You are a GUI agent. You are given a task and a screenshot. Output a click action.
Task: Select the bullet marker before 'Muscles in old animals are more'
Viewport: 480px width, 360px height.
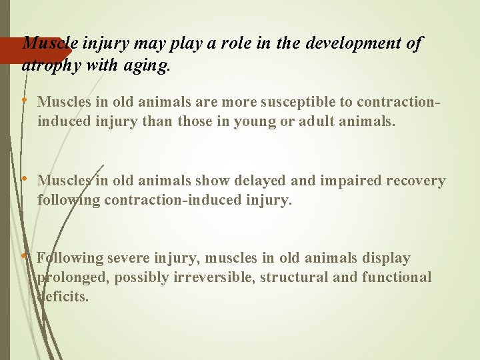tap(25, 101)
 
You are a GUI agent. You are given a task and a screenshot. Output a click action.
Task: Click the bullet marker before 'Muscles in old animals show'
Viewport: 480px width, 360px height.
tap(25, 179)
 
